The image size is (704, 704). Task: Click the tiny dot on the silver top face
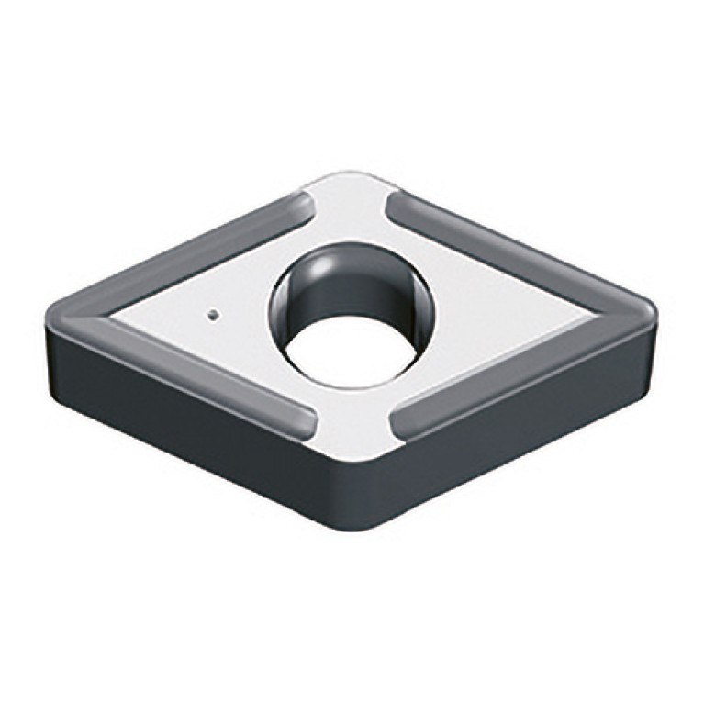(212, 315)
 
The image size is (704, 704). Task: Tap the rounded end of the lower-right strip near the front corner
(400, 424)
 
